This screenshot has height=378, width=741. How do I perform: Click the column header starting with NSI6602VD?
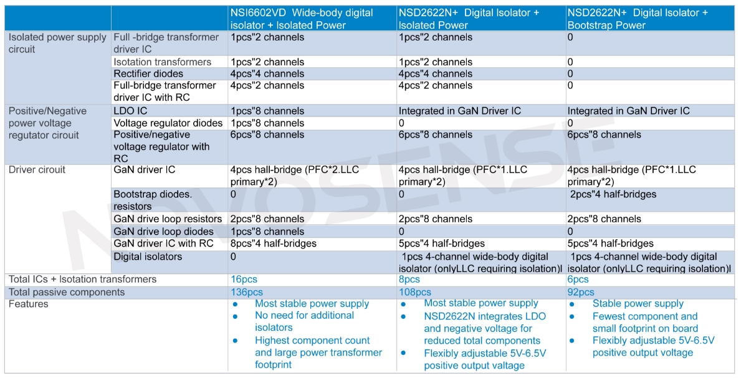[302, 19]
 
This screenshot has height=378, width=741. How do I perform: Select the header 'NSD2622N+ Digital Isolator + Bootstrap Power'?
[637, 19]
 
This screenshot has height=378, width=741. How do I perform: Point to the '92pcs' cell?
[581, 292]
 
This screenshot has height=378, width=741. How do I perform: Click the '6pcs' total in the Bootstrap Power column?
[578, 280]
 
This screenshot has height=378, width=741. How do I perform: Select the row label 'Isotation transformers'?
[162, 62]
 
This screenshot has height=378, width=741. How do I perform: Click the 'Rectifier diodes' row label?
[148, 73]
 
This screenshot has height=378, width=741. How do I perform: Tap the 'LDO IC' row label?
[131, 111]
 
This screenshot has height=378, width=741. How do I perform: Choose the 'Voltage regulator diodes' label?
[168, 123]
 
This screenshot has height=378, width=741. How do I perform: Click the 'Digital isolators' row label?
[148, 257]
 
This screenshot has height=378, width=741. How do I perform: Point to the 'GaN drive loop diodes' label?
[163, 231]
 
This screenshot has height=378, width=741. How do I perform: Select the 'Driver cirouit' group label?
[37, 169]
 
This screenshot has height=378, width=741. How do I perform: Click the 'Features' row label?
[28, 304]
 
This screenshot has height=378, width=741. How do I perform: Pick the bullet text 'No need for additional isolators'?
[304, 321]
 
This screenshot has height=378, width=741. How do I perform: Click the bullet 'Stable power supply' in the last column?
[638, 304]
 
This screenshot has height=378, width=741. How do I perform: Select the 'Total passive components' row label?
[67, 292]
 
